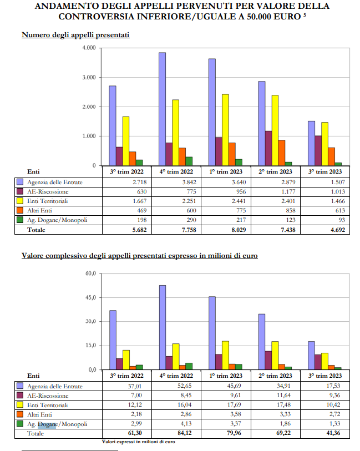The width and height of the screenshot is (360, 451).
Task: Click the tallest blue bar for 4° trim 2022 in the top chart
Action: [x=162, y=109]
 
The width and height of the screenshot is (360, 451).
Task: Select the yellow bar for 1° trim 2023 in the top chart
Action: [x=225, y=130]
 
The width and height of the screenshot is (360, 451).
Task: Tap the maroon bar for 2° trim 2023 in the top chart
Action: [x=268, y=149]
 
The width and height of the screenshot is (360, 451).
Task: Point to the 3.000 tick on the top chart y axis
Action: [x=89, y=77]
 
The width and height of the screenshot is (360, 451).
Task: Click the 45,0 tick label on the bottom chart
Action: [x=91, y=297]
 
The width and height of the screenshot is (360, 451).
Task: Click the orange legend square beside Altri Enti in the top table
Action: [x=20, y=210]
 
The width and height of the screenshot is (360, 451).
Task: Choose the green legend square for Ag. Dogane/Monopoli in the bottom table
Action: [x=20, y=424]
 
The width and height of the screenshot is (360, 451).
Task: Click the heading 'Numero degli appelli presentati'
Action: [x=75, y=35]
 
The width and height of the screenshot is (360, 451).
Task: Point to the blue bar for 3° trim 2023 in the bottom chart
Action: [x=311, y=356]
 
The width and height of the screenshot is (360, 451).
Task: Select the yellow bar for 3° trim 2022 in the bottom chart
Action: [x=126, y=360]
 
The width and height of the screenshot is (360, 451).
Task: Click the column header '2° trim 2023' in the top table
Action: [x=275, y=172]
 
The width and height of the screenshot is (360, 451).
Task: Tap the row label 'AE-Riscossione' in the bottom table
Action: [x=48, y=396]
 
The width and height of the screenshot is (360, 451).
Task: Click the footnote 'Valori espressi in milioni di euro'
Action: [x=138, y=442]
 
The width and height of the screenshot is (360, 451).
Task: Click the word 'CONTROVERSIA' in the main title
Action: [x=97, y=17]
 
